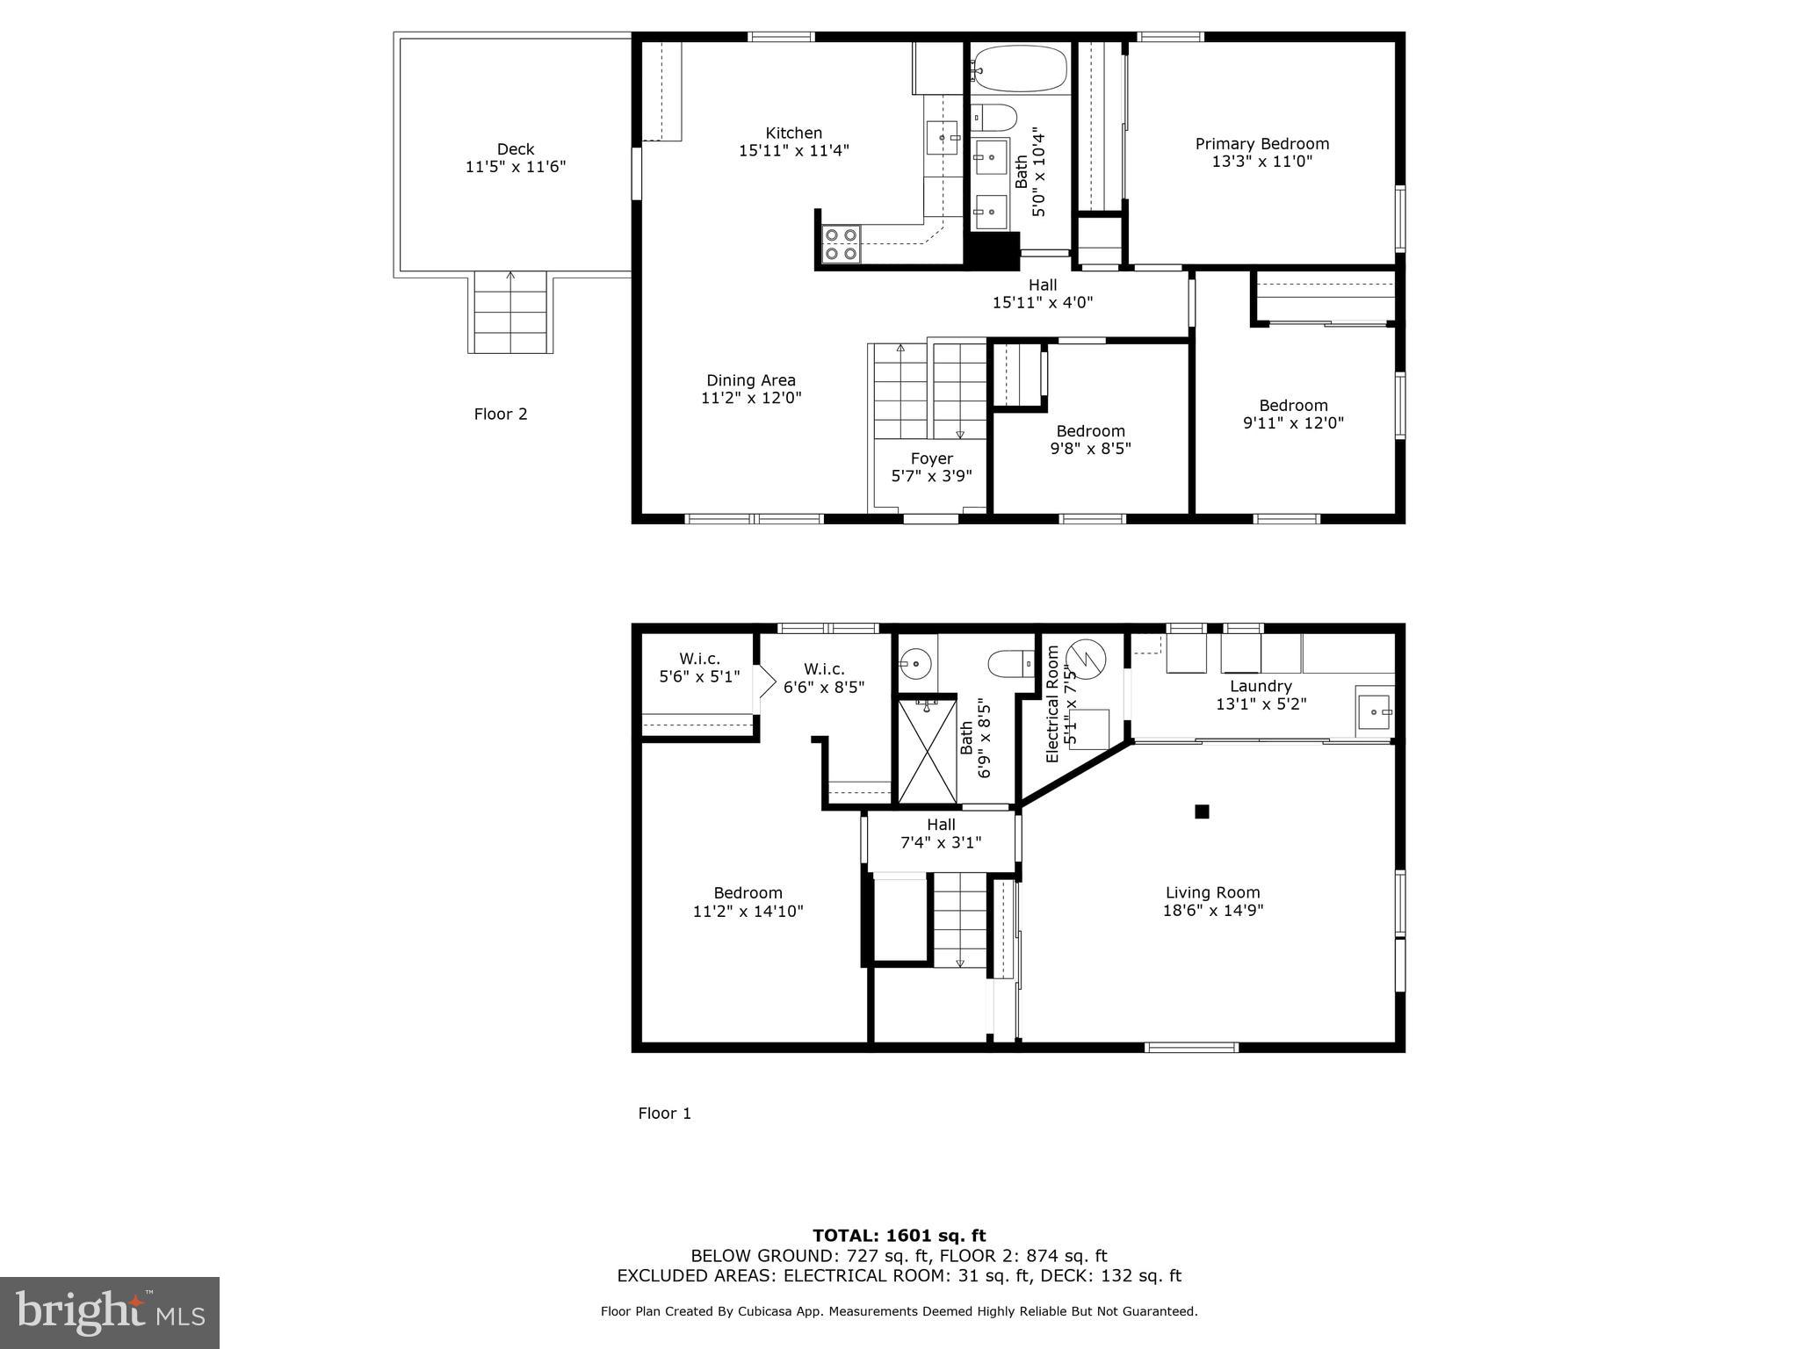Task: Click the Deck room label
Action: pos(515,149)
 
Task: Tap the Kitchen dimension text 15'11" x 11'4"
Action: pos(793,151)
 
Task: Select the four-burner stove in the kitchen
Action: pos(841,244)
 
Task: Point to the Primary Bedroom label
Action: pos(1261,144)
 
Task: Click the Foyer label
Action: pos(931,458)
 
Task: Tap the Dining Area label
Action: pos(751,380)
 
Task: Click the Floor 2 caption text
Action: pos(501,414)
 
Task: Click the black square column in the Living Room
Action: pos(1202,812)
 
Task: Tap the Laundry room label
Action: pos(1261,686)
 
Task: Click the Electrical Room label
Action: pos(1052,704)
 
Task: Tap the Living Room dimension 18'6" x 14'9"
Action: pos(1212,911)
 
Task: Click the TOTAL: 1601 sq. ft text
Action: pos(899,1236)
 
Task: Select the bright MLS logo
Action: pos(110,1312)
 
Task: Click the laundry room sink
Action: pos(1373,711)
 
